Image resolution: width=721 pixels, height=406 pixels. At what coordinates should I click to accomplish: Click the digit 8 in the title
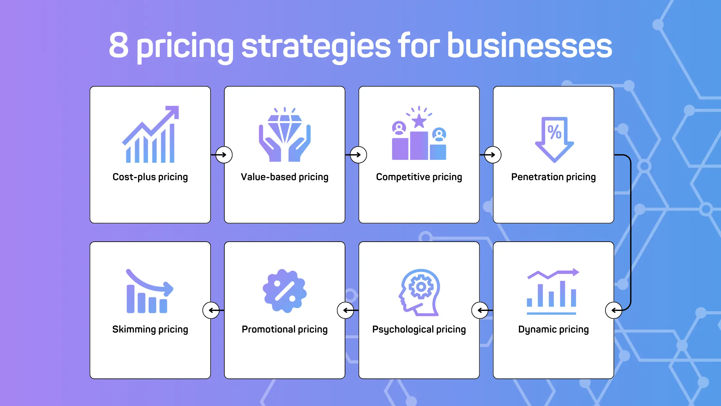(119, 46)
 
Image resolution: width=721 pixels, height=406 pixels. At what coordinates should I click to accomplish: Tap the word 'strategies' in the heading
(316, 47)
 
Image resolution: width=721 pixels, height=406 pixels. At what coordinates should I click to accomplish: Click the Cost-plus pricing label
(150, 177)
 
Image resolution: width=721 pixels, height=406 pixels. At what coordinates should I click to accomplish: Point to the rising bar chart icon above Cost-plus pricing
(150, 134)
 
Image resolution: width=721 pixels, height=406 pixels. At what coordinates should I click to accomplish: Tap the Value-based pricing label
(285, 177)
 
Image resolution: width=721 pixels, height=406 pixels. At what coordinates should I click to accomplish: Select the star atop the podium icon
(419, 121)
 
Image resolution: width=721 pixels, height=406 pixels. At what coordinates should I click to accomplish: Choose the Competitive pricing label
(419, 177)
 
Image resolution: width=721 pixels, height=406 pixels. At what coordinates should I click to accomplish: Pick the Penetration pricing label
(553, 177)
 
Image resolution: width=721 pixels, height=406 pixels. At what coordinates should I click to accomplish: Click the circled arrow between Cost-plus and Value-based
(224, 155)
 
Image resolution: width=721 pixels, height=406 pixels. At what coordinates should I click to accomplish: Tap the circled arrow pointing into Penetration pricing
(492, 155)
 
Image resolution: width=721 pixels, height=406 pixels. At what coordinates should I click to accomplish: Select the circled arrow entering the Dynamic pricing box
(613, 310)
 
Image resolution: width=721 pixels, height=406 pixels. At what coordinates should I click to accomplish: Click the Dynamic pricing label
(553, 329)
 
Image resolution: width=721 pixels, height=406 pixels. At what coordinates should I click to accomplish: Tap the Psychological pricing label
(419, 329)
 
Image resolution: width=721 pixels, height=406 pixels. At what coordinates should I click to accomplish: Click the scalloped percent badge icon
(285, 291)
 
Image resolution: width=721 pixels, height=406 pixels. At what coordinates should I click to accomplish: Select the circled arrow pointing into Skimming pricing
(211, 310)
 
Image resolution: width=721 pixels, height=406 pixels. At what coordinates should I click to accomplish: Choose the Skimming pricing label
(150, 329)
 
